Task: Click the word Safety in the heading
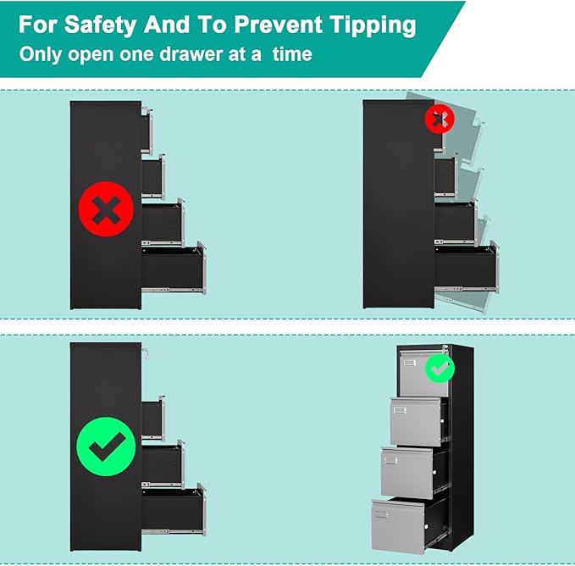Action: (x=100, y=25)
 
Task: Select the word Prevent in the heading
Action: (x=278, y=25)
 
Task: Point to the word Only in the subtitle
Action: (x=41, y=55)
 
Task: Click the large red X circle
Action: (x=106, y=209)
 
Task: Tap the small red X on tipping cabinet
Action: (x=440, y=119)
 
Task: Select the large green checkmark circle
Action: (x=106, y=447)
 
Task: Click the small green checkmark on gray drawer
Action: (x=440, y=369)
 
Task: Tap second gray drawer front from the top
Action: (x=416, y=421)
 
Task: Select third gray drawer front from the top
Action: (x=407, y=473)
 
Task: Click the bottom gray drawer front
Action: (x=398, y=526)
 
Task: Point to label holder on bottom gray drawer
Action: (x=381, y=514)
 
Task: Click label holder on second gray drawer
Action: (x=400, y=410)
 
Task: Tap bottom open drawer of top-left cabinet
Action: (x=174, y=268)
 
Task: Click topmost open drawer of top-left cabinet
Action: (x=147, y=130)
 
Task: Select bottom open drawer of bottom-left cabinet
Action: (x=174, y=510)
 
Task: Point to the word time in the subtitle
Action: (x=292, y=54)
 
